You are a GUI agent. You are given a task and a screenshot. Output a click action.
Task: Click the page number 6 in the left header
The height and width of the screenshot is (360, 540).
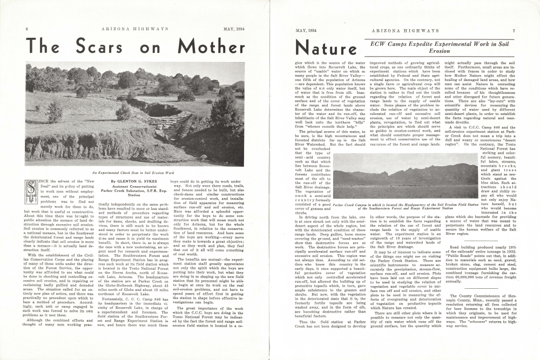coord(26,28)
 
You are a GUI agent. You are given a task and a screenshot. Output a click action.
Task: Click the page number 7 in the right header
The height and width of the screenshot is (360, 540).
coord(514,31)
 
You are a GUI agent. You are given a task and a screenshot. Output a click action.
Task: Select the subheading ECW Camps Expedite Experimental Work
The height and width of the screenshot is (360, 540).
coord(439,43)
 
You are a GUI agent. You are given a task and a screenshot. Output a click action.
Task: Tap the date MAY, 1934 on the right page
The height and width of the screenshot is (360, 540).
coord(306,31)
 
